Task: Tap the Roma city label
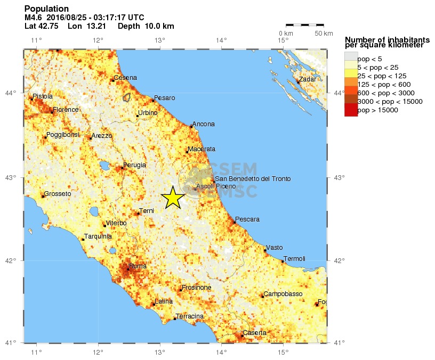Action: [x=138, y=266]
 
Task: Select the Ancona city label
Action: [x=203, y=124]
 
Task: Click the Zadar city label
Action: [x=308, y=79]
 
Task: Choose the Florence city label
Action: [x=65, y=110]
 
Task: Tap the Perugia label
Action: [x=134, y=165]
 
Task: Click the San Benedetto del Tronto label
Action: [x=253, y=178]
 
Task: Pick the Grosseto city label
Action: [x=57, y=194]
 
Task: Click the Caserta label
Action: [x=254, y=333]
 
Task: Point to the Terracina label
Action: [x=190, y=316]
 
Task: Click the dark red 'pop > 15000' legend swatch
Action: [x=351, y=110]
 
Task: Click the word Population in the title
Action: [x=46, y=9]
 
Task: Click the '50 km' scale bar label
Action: [x=324, y=34]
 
